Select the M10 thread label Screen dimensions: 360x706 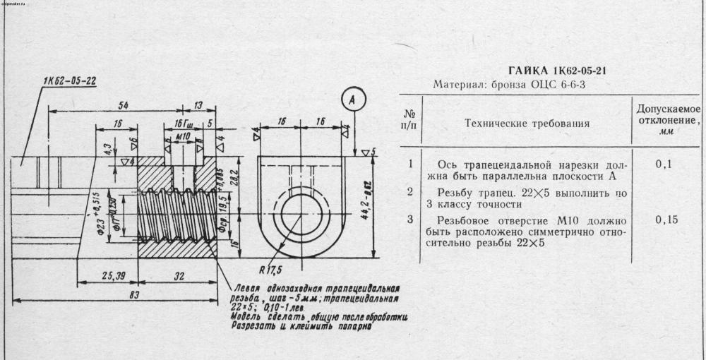(182, 135)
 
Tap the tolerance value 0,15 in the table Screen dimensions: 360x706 (667, 220)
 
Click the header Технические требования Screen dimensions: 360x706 (527, 124)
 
